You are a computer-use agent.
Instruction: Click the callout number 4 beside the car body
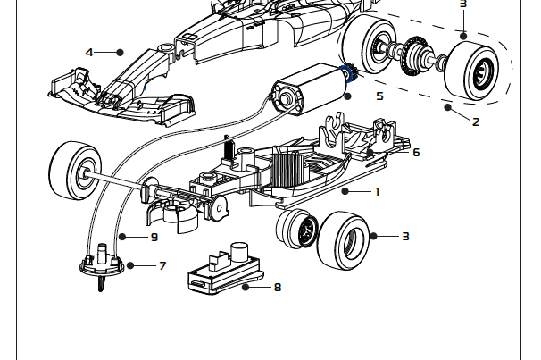pos(88,52)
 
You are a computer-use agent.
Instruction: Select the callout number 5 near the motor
pos(379,96)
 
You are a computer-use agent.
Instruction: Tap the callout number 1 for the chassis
pos(378,190)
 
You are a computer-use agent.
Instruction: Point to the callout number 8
pos(278,288)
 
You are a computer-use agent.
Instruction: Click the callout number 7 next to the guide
pos(162,265)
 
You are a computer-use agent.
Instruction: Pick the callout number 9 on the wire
pos(154,237)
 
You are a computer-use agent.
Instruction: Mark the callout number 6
pos(415,152)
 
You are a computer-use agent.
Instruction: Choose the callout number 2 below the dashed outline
pos(475,121)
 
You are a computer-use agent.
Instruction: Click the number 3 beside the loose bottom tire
pos(405,237)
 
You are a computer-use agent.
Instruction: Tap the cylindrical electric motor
pos(304,90)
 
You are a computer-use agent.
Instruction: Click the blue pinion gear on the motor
pos(347,82)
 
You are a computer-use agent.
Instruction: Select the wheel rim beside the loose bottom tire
pos(298,229)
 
